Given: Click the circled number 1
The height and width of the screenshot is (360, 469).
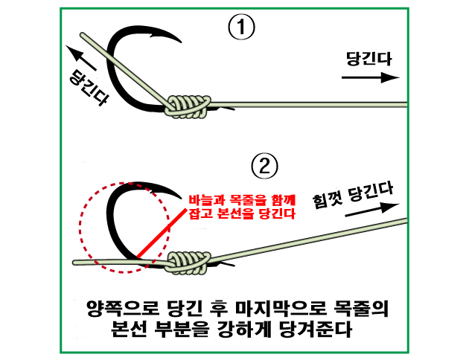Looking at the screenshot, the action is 241,28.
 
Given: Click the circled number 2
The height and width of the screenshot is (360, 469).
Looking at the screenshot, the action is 264,166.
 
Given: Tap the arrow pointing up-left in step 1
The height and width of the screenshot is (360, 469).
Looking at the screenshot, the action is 80,58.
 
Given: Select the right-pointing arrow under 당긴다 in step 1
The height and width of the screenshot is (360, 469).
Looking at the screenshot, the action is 371,77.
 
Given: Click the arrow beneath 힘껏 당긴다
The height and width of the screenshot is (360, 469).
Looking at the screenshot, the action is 372,210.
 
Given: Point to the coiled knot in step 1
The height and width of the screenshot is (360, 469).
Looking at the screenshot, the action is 188,106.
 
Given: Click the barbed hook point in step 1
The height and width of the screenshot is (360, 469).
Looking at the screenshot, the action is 176,39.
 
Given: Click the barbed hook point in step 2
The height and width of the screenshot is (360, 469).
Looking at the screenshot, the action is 176,195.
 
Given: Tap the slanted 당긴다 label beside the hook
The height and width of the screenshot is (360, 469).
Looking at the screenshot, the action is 89,88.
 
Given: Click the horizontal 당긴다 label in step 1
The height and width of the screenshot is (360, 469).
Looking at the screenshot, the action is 368,59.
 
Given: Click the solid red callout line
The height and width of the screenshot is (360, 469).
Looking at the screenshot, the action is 162,233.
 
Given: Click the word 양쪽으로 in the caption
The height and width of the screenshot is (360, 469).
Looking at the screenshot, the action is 122,308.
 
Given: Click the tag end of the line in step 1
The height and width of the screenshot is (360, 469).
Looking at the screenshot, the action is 83,35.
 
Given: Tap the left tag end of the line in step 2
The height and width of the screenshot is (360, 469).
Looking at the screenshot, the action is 74,263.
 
